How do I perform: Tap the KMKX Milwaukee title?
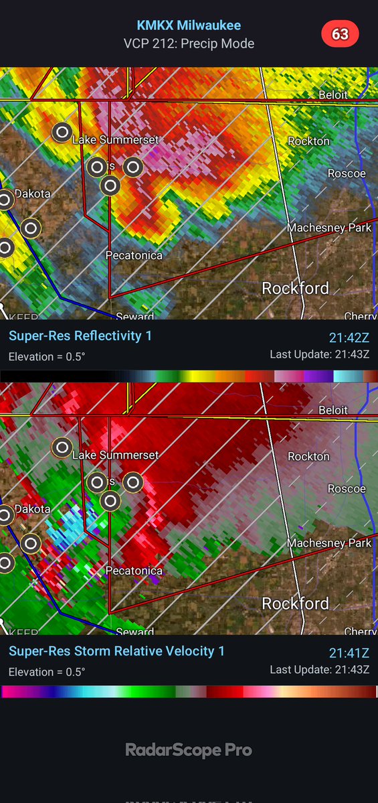coord(189,25)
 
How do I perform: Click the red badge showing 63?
coord(340,33)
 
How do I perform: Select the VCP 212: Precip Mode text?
coord(189,44)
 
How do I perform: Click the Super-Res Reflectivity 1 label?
coord(80,336)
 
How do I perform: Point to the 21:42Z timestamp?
coord(349,338)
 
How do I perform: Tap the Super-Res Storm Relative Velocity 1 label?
coord(116,651)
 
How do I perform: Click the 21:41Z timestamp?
coord(349,653)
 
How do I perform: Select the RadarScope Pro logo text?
coord(189,750)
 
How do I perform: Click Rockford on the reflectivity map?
coord(295,289)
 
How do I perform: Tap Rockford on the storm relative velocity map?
coord(295,603)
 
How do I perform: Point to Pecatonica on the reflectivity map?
coord(134,255)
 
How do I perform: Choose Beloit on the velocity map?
coord(333,410)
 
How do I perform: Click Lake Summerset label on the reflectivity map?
coord(115,140)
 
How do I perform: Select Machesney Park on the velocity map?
coord(329,543)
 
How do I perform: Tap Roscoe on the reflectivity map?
coord(347,173)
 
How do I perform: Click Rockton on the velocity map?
coord(308,456)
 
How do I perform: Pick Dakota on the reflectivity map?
coord(33,194)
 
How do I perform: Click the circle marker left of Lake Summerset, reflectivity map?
coord(62,132)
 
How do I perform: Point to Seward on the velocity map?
coord(134,632)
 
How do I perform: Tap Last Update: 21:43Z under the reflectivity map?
coord(320,354)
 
